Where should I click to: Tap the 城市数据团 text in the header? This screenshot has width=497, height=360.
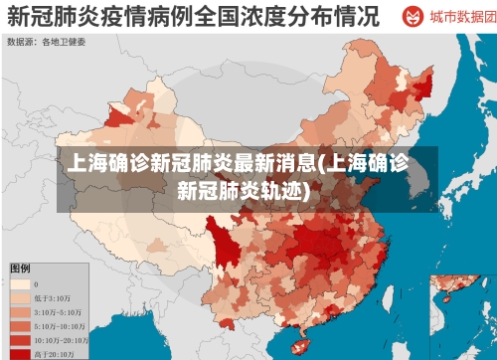click(457, 18)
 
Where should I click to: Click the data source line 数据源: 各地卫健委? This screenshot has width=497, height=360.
click(47, 42)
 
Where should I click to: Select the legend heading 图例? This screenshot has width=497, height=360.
click(19, 269)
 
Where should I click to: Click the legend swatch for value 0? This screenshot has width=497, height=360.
click(19, 283)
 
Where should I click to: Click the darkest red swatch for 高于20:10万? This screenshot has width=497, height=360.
click(19, 353)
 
